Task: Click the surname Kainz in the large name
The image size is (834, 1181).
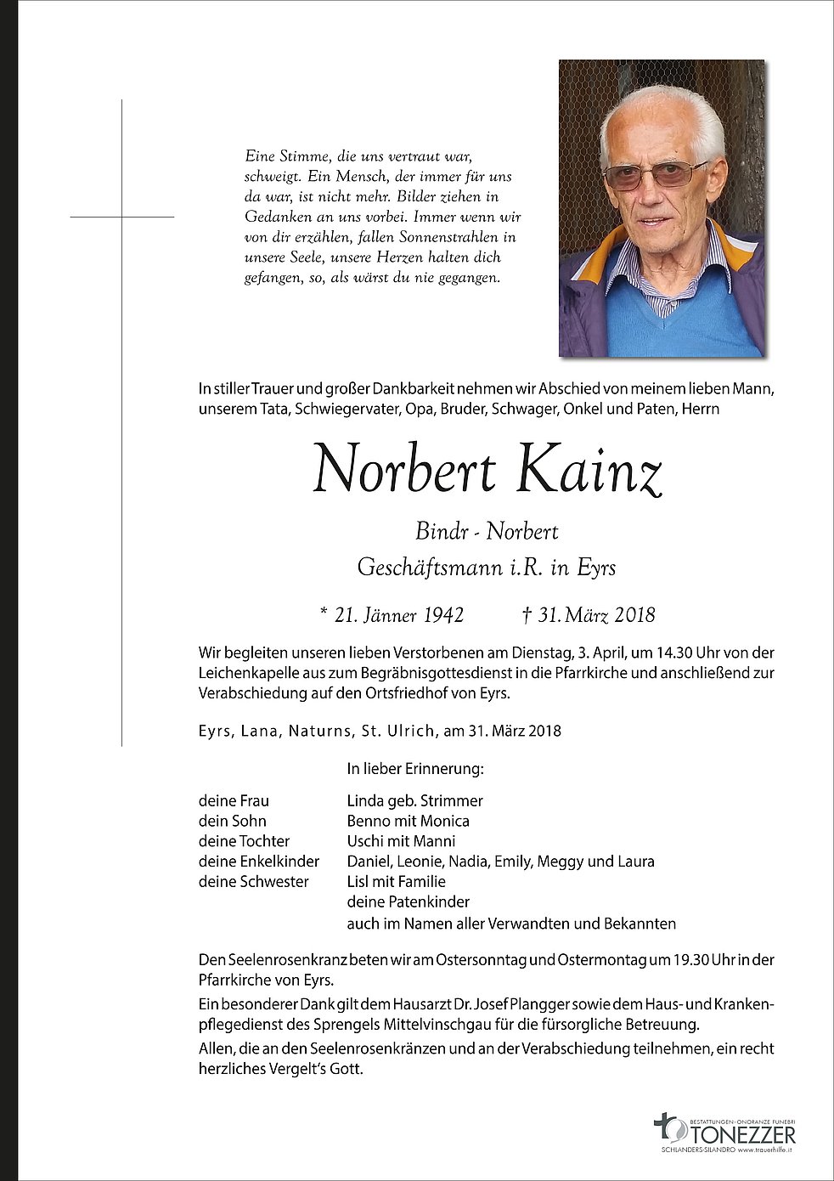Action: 589,471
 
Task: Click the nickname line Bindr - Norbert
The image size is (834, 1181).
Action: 487,532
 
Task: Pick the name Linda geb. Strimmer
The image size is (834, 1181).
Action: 414,800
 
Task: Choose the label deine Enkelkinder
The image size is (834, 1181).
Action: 259,862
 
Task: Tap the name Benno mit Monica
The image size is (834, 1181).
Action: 408,821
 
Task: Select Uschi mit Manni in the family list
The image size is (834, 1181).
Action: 401,841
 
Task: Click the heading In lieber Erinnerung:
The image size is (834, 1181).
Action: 414,769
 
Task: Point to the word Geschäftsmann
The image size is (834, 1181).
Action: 430,568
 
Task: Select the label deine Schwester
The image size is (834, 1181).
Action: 253,882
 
